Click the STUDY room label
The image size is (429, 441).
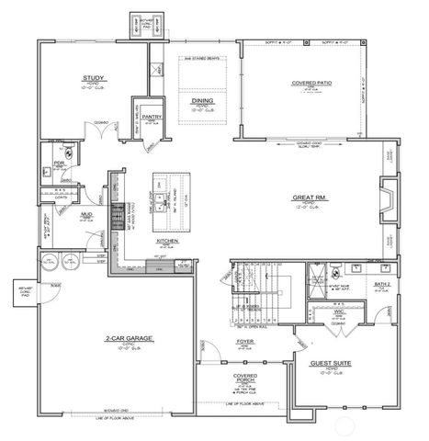(x=92, y=78)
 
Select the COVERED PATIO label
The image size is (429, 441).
(x=310, y=84)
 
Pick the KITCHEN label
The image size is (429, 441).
(x=166, y=241)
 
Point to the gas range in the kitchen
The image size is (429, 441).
(x=116, y=219)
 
